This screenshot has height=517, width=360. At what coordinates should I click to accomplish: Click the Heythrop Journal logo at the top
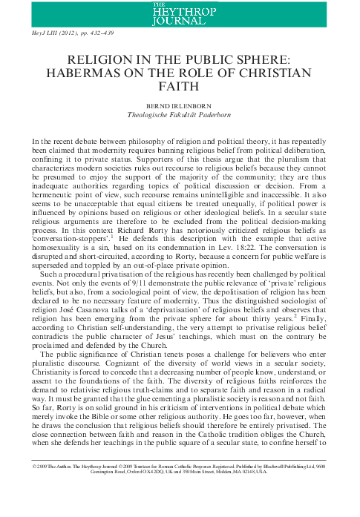(180, 13)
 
